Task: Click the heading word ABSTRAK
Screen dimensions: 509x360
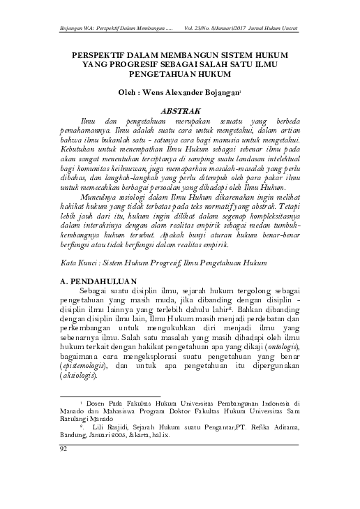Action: pyautogui.click(x=181, y=110)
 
